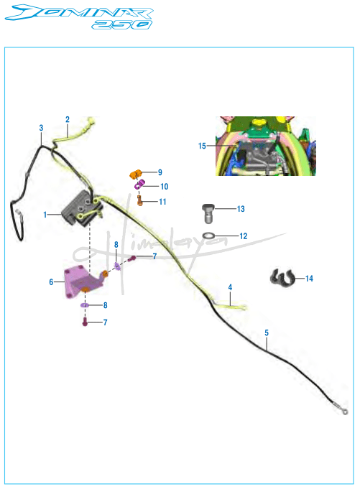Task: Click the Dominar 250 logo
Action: click(x=79, y=17)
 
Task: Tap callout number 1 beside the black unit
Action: click(x=45, y=215)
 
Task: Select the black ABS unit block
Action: click(x=83, y=208)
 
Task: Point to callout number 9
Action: click(x=160, y=172)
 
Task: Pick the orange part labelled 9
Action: click(x=135, y=174)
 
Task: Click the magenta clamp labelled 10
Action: click(x=139, y=185)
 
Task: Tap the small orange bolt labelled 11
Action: click(x=139, y=200)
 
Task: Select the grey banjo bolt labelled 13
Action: click(x=208, y=213)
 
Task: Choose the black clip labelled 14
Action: click(x=282, y=278)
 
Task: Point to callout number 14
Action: click(x=309, y=279)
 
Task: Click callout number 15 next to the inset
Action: click(x=202, y=146)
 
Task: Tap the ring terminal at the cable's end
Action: click(x=344, y=412)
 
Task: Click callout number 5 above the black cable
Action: click(x=267, y=332)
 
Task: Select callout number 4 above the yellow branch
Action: click(x=230, y=287)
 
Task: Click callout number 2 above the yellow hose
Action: click(x=68, y=119)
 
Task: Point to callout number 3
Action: click(x=41, y=128)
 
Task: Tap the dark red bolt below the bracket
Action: click(x=85, y=322)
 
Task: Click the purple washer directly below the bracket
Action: click(x=85, y=305)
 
